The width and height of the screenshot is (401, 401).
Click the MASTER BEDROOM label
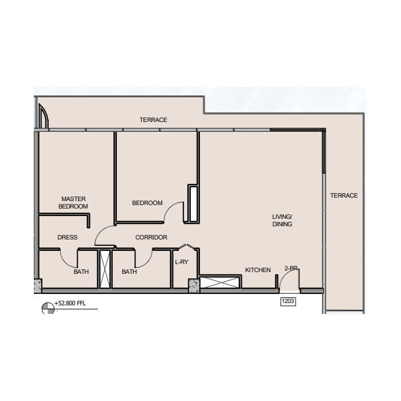point(73,203)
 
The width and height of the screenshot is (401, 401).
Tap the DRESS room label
point(67,237)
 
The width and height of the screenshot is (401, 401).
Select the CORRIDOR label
point(151,237)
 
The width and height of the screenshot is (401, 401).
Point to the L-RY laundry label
point(182,262)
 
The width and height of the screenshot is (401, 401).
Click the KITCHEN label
point(258,270)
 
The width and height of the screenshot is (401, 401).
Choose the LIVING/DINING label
point(282,221)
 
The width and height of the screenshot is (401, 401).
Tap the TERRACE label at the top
point(153,120)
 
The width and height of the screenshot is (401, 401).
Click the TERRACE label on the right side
point(344,196)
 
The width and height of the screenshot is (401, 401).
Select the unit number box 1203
point(288,301)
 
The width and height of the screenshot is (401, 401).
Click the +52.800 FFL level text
point(70,303)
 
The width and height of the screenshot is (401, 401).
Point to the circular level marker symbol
point(48,308)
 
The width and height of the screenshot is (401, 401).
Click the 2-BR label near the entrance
point(292,268)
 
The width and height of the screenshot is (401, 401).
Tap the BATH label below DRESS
point(81,272)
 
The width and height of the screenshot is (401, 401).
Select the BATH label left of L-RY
point(129,272)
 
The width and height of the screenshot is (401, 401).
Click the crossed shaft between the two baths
point(105,269)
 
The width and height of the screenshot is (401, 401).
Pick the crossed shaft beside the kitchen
point(220,282)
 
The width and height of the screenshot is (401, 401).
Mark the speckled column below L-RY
point(194,286)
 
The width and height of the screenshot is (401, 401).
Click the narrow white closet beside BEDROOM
point(194,204)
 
